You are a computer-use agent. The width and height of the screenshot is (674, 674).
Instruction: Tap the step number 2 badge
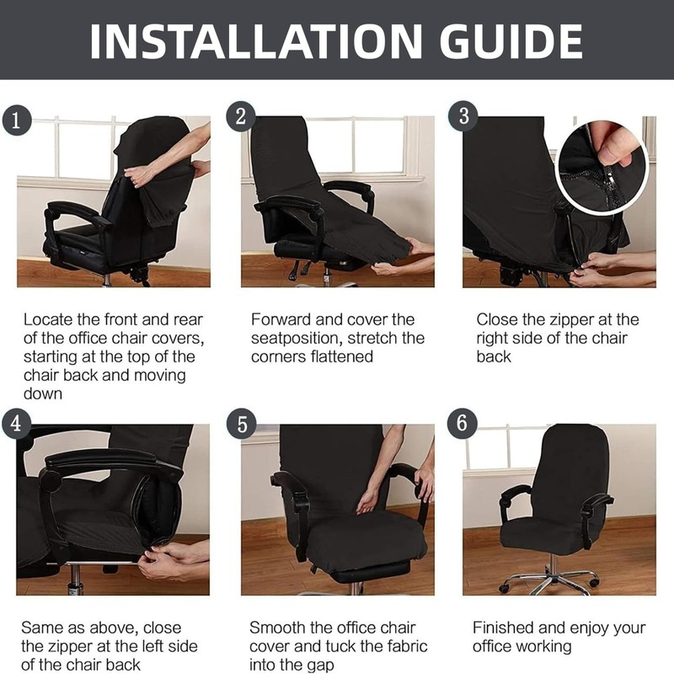[x=241, y=117]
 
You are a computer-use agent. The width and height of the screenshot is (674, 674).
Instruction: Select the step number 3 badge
[x=463, y=117]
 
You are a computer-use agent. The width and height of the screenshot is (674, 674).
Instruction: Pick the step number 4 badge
[x=15, y=424]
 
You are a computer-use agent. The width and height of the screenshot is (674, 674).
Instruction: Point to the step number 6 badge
[x=462, y=424]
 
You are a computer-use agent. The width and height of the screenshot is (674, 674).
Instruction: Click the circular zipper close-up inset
[x=602, y=160]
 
